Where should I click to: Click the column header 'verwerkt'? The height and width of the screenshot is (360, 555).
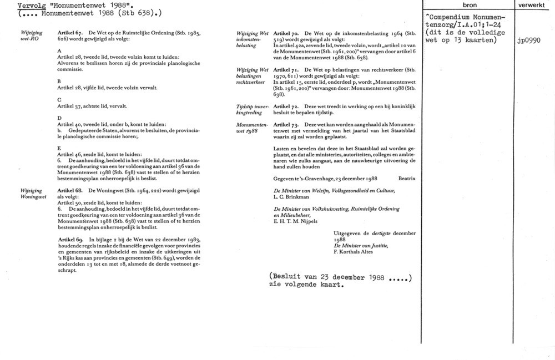534,4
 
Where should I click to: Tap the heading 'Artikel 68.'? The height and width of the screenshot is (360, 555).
70,190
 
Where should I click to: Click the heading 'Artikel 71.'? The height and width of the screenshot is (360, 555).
287,69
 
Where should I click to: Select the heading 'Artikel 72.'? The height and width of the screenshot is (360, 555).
287,105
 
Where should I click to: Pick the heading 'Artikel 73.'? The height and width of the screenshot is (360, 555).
287,125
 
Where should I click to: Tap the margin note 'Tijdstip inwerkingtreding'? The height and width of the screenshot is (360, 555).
253,108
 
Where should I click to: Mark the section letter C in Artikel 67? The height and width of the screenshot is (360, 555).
59,99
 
